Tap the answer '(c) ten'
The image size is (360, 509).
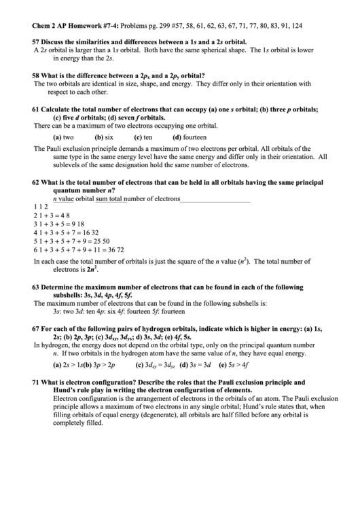pos(143,137)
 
